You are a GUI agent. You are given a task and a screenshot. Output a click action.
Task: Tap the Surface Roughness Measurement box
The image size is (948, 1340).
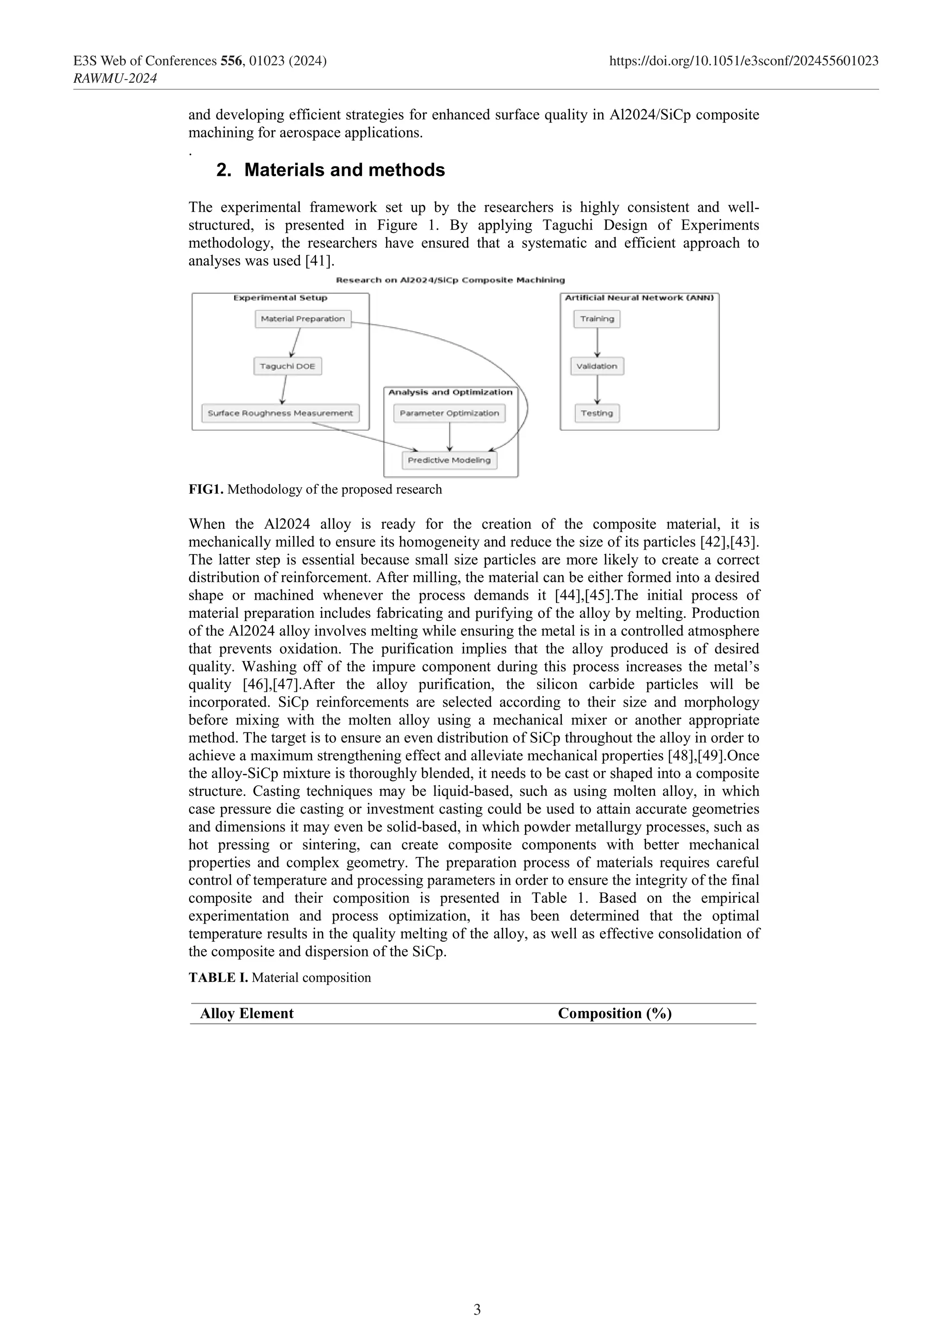(x=280, y=413)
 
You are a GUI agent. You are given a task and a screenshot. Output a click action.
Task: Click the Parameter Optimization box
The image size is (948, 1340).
(x=449, y=413)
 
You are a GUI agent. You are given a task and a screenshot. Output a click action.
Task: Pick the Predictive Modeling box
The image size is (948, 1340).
(x=449, y=460)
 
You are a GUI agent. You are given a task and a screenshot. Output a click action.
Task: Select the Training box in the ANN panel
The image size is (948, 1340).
(x=597, y=319)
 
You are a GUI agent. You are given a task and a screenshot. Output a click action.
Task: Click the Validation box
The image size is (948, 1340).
(x=597, y=366)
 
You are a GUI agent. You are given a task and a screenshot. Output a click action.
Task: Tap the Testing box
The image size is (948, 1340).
(x=597, y=413)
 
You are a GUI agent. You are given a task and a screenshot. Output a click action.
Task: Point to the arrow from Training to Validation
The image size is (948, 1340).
(x=597, y=342)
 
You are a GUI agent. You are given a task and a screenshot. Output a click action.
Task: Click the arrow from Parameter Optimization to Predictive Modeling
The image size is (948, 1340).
(x=449, y=436)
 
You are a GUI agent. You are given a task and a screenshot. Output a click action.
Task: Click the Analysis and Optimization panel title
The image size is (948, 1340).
(x=450, y=392)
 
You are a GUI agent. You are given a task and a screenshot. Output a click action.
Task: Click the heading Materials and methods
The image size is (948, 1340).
(x=344, y=170)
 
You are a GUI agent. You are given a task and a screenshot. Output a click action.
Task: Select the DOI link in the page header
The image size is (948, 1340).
(x=743, y=61)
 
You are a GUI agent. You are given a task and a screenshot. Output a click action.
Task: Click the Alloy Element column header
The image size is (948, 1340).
(x=246, y=1014)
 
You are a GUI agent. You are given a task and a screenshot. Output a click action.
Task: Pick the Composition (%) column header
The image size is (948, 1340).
(x=614, y=1014)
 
